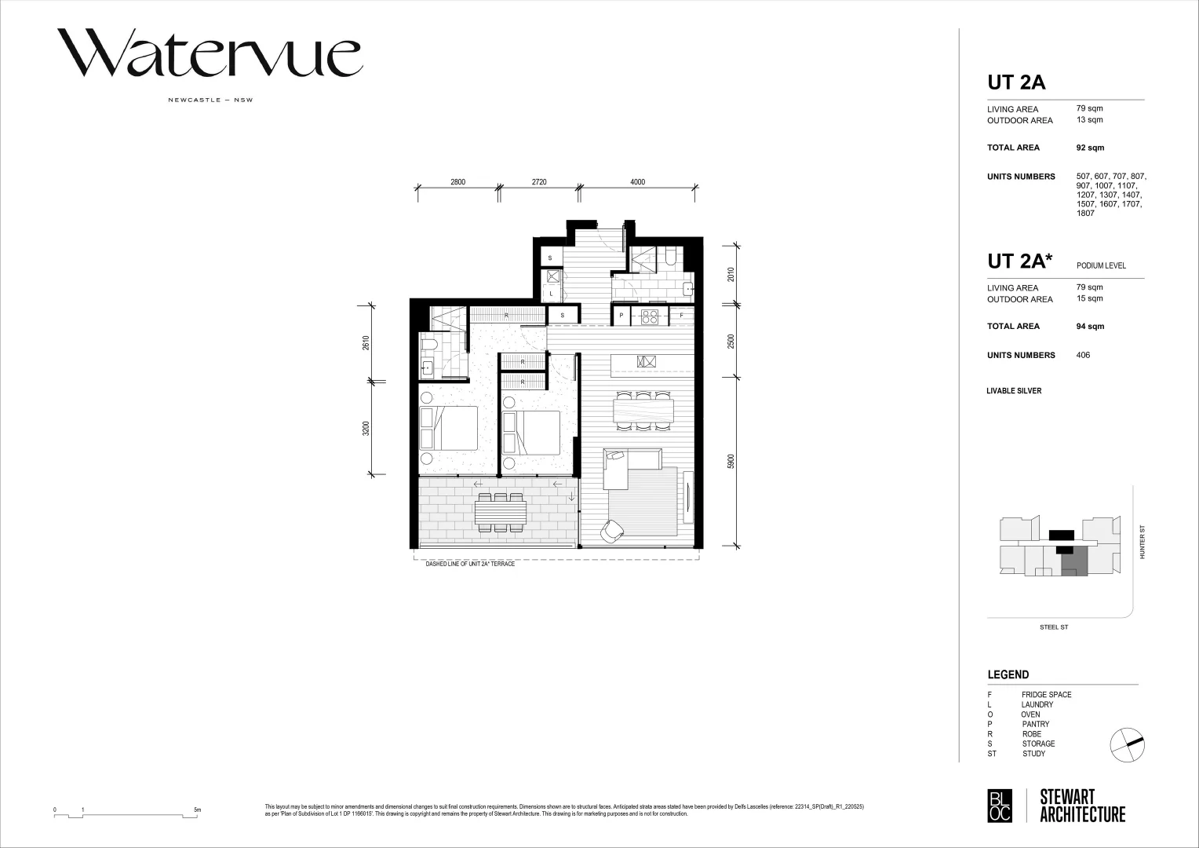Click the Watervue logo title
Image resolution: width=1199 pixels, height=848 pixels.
coord(209,53)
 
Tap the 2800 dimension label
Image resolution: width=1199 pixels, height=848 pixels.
coord(457,182)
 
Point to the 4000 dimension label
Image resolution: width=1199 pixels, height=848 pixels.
coord(637,182)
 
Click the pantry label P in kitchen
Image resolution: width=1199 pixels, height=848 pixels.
coord(621,316)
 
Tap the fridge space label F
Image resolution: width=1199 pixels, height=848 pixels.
coord(681,316)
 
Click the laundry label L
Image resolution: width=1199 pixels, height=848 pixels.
coord(552,294)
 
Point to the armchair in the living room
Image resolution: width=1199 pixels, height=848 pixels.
coord(611,532)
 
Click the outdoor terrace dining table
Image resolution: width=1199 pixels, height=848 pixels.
coord(500,513)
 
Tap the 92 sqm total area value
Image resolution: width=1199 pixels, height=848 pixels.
coord(1089,148)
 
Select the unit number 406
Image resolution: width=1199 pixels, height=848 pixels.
coord(1083,355)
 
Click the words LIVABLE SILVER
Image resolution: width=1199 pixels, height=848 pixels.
coord(1014,391)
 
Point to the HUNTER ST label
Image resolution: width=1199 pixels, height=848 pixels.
coord(1143,542)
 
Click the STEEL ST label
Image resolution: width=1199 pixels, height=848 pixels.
coord(1053,627)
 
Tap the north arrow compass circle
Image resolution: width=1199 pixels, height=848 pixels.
coord(1128,744)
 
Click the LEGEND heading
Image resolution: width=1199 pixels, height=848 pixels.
coord(1008,674)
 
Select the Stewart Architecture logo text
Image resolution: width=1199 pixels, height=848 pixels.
coord(1082,806)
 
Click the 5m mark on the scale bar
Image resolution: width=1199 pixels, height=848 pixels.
coord(198,810)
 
